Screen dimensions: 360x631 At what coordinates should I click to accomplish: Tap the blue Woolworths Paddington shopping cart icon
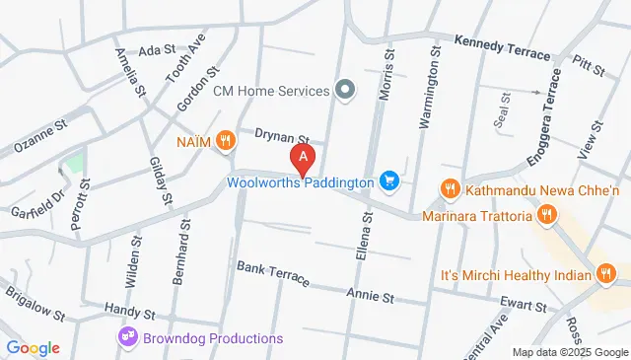390,181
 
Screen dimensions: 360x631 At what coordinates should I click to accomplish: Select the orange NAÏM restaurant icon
227,141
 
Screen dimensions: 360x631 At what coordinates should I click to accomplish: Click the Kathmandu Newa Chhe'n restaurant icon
450,186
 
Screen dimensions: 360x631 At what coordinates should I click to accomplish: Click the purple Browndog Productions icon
128,338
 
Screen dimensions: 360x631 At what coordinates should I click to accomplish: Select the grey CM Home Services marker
344,91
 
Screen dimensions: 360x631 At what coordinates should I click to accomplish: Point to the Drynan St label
282,137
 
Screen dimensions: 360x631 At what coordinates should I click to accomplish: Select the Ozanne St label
39,136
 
